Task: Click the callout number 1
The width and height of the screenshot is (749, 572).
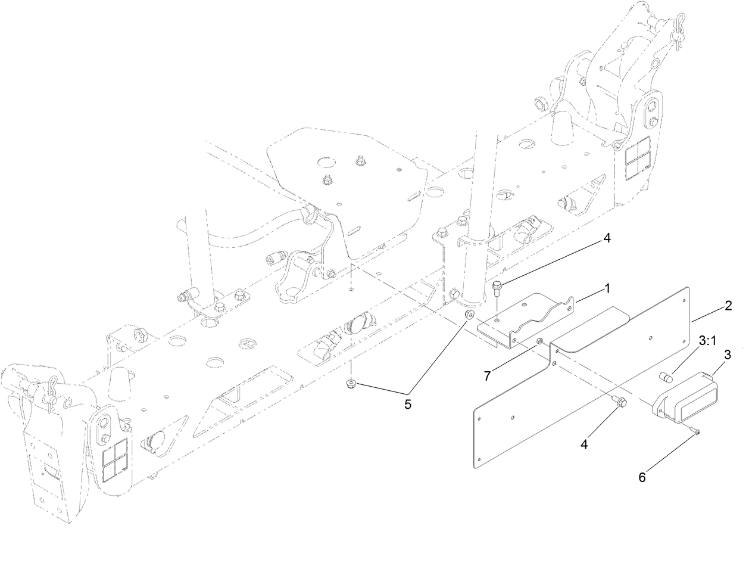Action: pos(607,289)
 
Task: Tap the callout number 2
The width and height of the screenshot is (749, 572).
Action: pos(728,306)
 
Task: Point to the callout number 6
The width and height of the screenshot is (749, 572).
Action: pos(642,477)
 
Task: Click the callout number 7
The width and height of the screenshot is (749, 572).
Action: pos(487,376)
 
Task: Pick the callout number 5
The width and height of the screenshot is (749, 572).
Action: pos(408,405)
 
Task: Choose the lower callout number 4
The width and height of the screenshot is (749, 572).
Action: pos(584,444)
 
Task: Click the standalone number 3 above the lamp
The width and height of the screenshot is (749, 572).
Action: pos(727,355)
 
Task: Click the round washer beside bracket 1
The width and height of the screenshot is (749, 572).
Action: pos(469,315)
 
